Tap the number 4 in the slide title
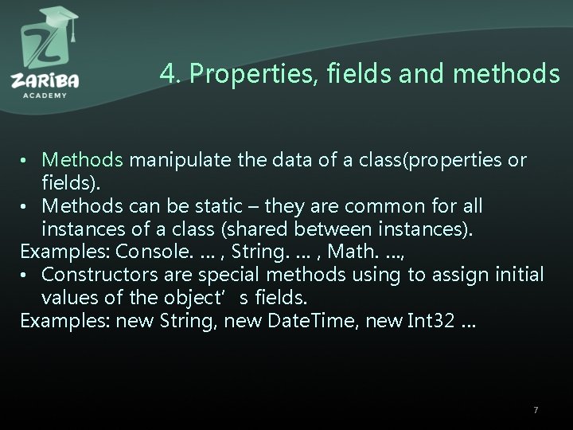coord(166,74)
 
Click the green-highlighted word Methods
coord(83,160)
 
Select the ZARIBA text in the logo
coord(45,80)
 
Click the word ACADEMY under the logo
coord(45,94)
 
